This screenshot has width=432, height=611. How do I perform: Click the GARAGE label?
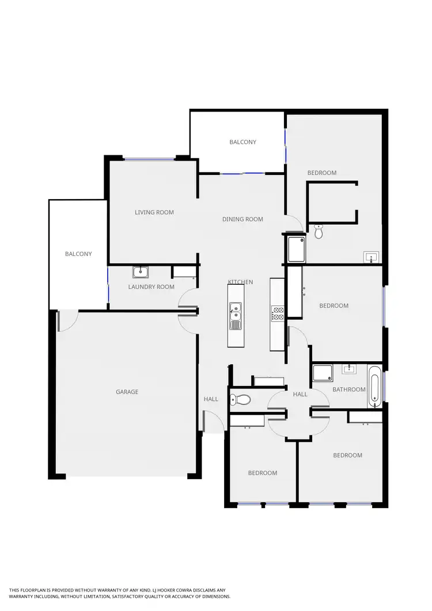pos(127,392)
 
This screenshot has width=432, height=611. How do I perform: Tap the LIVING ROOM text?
pos(154,212)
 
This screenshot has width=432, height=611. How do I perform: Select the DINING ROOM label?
pos(242,219)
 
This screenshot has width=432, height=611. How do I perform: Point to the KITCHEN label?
pos(240,282)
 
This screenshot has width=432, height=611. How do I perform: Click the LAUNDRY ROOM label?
pos(151,287)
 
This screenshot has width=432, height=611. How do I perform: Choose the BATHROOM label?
pos(349,389)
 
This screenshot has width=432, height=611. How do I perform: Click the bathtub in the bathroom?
pos(375,386)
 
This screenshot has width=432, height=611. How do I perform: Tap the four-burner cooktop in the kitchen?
pos(278,313)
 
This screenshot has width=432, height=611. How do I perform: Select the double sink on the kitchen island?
pos(235,315)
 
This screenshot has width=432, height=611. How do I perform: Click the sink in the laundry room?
pos(141,272)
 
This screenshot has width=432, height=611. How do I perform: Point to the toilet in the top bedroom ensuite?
pos(319,232)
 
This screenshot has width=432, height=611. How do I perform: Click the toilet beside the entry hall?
pos(243,399)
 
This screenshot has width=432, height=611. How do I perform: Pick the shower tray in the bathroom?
pos(323,374)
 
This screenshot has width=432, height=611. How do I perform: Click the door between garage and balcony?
pos(67,320)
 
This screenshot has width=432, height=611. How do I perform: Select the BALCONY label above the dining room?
pos(242,142)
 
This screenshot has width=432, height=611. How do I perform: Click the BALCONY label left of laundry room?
pos(78,254)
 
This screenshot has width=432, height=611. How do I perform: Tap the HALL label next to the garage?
pos(211,399)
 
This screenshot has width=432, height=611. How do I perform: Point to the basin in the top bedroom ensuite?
pos(371,257)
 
